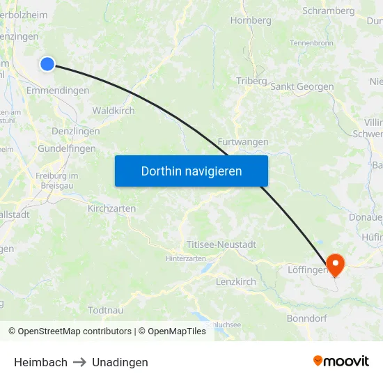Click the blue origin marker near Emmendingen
(x=47, y=64)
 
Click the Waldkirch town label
(x=114, y=111)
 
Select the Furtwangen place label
(x=243, y=142)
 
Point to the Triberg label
(x=251, y=81)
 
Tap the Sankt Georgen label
(x=302, y=87)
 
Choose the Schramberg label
(x=328, y=11)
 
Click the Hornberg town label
(x=251, y=21)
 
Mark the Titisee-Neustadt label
(x=221, y=245)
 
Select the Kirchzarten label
(x=111, y=208)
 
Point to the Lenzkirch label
(x=236, y=282)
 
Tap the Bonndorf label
(x=307, y=318)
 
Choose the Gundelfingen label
(x=67, y=149)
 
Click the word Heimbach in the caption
(x=40, y=362)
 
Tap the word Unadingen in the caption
(x=120, y=362)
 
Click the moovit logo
(x=341, y=361)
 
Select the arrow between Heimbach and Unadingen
(x=79, y=362)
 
